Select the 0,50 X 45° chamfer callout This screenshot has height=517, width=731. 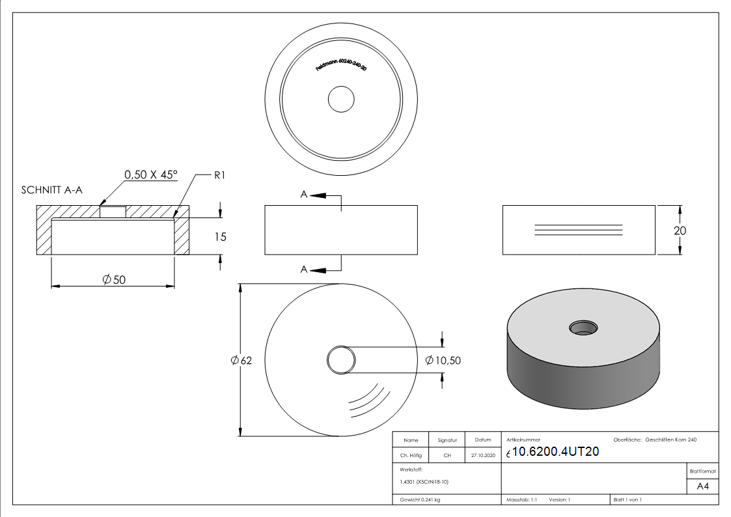pos(151,175)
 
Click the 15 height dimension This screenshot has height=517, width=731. pos(221,237)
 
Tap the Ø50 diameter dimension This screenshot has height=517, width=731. pos(113,279)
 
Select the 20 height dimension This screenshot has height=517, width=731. pos(680,231)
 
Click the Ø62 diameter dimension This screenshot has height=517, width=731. pos(241,361)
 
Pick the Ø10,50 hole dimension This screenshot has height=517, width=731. pos(443,360)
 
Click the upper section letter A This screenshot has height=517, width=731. pos(303,195)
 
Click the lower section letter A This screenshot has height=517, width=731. pos(303,270)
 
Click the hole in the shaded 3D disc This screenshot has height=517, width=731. pos(583,326)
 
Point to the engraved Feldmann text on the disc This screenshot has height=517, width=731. pos(340,68)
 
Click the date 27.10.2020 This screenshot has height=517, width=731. pos(482,456)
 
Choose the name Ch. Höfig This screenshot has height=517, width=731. pos(411,456)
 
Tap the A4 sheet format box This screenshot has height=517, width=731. pos(703,486)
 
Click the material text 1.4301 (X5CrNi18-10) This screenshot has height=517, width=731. pos(424,482)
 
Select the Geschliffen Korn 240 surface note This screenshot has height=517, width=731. pos(670,440)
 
